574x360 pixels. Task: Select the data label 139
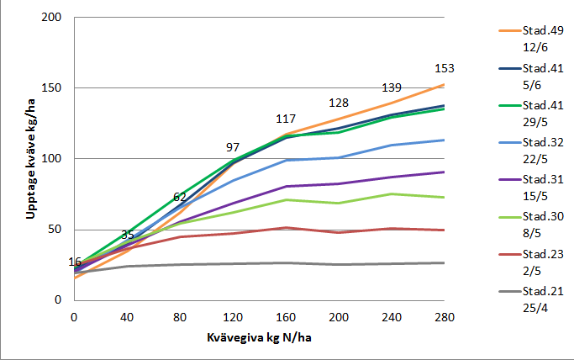(392, 88)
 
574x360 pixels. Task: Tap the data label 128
(338, 103)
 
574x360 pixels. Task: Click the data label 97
(232, 147)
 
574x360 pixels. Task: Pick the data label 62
(179, 197)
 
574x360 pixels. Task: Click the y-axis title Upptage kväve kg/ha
(30, 157)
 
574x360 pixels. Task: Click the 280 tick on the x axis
(445, 316)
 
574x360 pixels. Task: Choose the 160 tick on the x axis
(286, 316)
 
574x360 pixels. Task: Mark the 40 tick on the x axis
(127, 316)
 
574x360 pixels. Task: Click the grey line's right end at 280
(445, 262)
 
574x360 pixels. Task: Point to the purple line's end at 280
(445, 172)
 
